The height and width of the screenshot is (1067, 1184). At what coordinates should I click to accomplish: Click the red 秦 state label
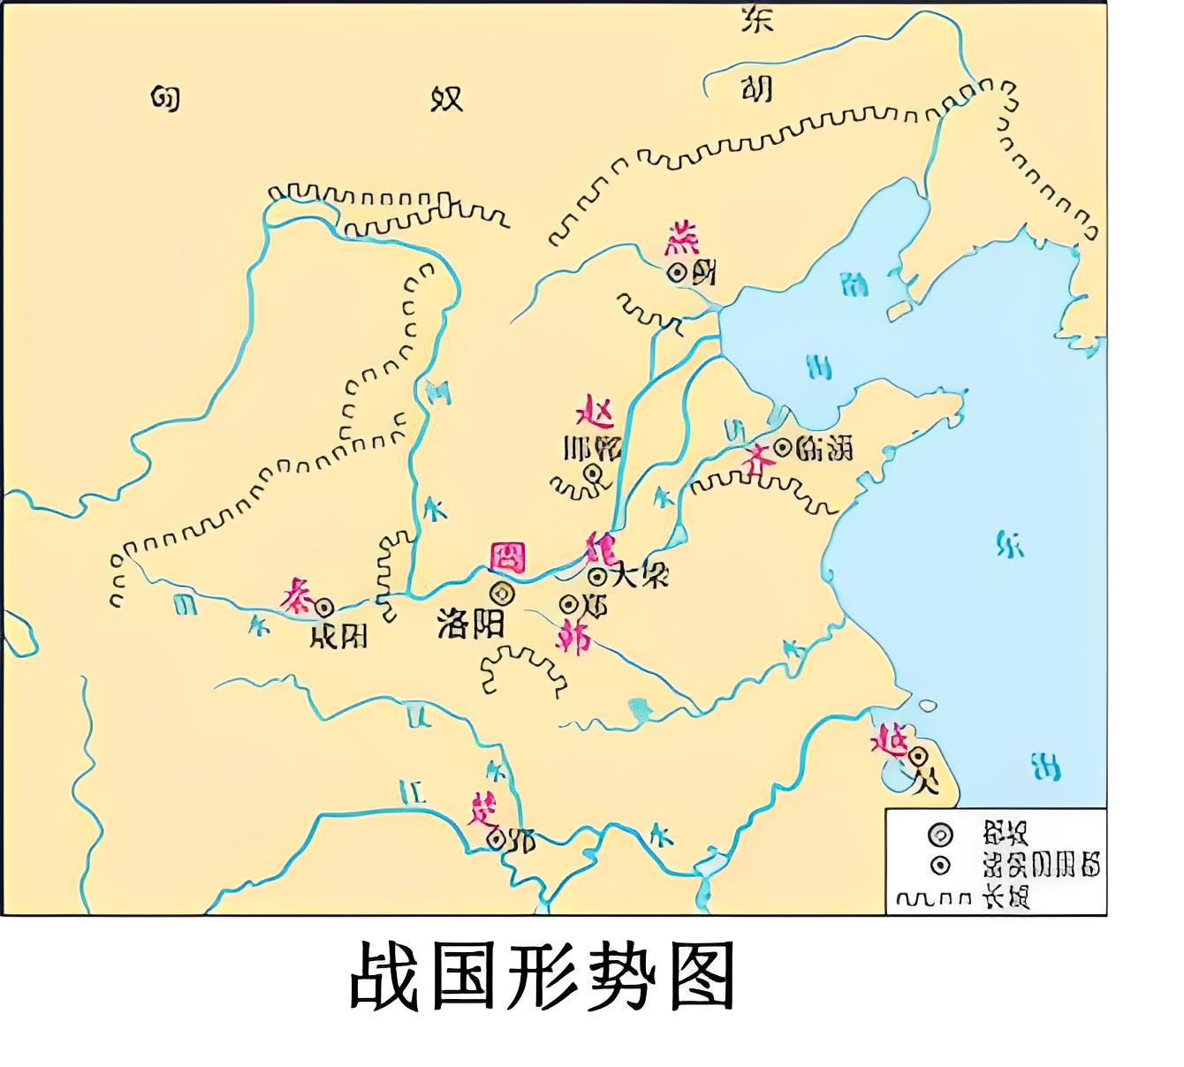click(x=297, y=596)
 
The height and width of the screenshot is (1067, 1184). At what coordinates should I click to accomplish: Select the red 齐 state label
click(x=755, y=458)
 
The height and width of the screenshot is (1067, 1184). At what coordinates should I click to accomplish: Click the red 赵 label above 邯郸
click(x=595, y=412)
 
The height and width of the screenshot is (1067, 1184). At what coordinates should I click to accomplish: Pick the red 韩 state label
click(x=574, y=636)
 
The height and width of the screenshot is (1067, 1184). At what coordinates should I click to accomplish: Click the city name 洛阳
click(x=470, y=624)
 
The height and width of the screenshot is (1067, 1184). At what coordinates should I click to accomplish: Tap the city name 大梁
click(x=639, y=575)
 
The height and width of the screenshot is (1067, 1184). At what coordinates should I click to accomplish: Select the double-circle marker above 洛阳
click(x=502, y=594)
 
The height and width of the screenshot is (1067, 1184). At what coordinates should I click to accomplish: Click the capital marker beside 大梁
click(x=598, y=577)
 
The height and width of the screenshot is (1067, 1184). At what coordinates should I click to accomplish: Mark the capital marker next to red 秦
click(x=323, y=607)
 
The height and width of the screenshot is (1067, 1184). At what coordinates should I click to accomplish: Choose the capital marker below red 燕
click(x=678, y=274)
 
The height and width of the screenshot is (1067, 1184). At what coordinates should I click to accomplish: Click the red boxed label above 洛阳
click(x=508, y=558)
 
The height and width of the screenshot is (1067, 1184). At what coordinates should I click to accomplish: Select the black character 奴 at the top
click(x=446, y=98)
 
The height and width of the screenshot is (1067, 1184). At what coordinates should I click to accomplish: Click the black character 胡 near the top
click(x=756, y=88)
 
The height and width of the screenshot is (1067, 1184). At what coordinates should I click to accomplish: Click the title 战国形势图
click(x=543, y=977)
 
